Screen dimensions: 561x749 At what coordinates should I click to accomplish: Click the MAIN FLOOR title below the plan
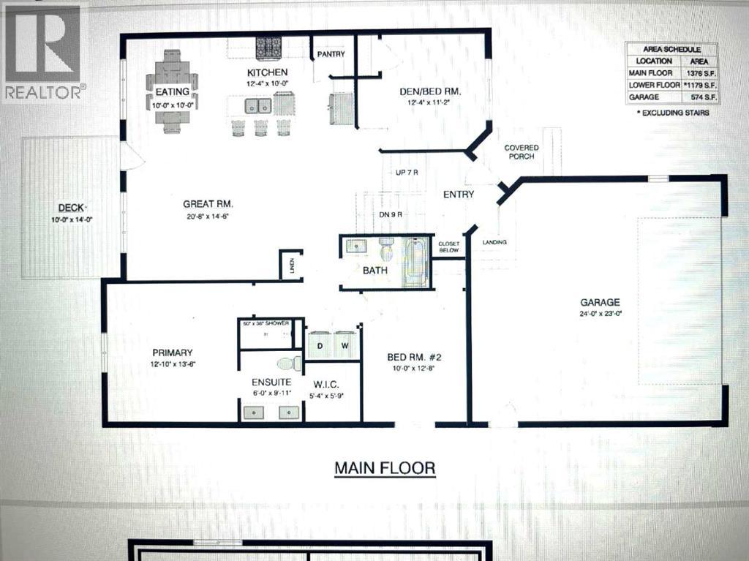point(385,467)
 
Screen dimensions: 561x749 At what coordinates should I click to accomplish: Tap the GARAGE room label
point(600,302)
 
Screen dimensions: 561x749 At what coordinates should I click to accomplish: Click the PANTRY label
point(330,54)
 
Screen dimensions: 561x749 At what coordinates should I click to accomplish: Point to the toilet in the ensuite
point(286,364)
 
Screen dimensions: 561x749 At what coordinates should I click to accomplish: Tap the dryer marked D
point(320,343)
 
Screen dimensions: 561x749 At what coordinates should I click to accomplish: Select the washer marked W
point(345,343)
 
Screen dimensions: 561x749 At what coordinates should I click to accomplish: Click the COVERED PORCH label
point(521,152)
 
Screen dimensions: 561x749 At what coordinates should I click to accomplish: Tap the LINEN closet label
point(291,265)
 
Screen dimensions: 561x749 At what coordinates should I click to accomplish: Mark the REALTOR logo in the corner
point(44,51)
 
